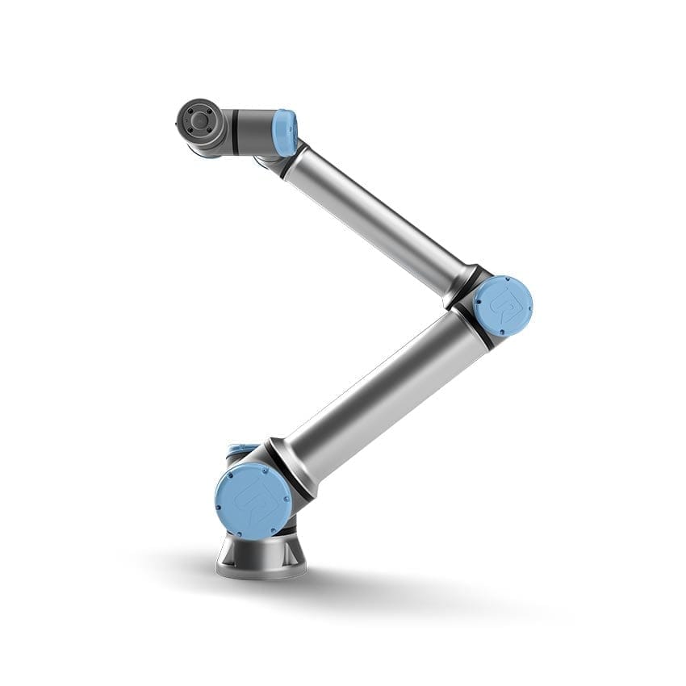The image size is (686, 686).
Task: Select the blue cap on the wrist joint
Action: [x=285, y=132]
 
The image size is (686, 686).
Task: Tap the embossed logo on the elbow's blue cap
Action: [x=502, y=306]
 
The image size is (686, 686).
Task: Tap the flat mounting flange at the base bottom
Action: [x=261, y=571]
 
